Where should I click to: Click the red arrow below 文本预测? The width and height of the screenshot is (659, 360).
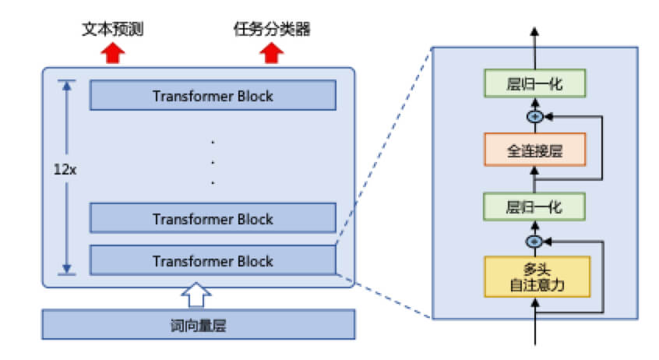[114, 53]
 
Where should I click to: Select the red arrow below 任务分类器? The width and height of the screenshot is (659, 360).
[272, 53]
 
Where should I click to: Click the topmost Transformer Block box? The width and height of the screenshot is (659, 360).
[213, 96]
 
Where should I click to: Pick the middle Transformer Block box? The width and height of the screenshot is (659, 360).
[213, 219]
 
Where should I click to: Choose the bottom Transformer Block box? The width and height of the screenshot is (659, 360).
[213, 260]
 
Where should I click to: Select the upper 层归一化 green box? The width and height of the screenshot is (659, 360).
[534, 84]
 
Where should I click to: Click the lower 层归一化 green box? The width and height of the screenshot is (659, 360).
[534, 206]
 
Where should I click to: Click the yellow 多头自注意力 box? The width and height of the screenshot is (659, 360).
[534, 277]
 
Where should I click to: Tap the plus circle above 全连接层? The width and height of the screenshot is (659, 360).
[534, 116]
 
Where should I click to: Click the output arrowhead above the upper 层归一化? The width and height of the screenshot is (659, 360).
[534, 33]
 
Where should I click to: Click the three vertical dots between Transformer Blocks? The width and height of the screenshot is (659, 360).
[213, 162]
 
